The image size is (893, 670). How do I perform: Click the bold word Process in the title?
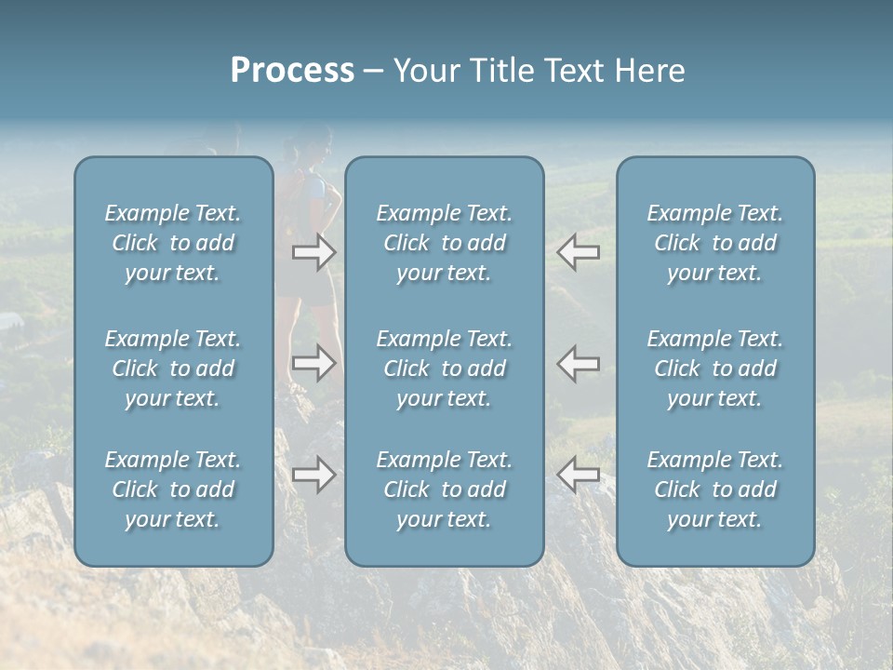(x=292, y=71)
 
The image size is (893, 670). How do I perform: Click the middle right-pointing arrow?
(x=313, y=363)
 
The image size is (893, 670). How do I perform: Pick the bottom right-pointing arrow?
(x=313, y=475)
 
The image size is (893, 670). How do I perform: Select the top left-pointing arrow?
(x=578, y=252)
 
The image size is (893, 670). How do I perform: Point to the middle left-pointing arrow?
(x=578, y=363)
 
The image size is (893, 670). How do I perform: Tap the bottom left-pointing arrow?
(x=578, y=475)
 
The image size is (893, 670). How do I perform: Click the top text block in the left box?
(x=173, y=243)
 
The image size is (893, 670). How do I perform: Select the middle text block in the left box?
(x=173, y=368)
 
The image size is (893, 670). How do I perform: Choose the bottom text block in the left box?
(x=173, y=489)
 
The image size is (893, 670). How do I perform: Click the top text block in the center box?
(x=444, y=243)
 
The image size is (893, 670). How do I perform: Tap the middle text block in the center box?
(x=444, y=368)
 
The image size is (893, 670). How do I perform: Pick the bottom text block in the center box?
(x=444, y=489)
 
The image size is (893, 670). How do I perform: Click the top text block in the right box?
(x=714, y=243)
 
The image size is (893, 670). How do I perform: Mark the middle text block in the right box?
(x=714, y=368)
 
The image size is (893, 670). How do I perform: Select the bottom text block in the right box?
(x=714, y=489)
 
